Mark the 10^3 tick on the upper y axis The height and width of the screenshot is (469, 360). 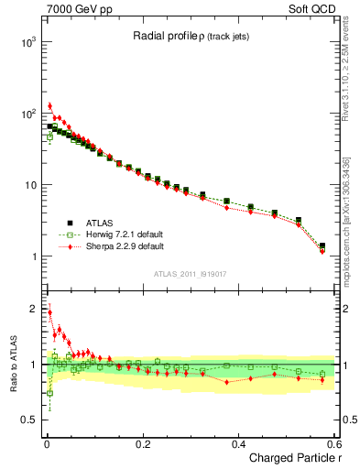click(29, 42)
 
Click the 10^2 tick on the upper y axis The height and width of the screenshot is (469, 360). click(29, 114)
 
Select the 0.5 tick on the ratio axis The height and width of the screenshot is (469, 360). click(30, 420)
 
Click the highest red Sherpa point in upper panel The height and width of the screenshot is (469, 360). click(49, 106)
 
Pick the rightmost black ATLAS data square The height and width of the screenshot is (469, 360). click(322, 245)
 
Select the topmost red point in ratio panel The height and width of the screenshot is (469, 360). click(49, 311)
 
